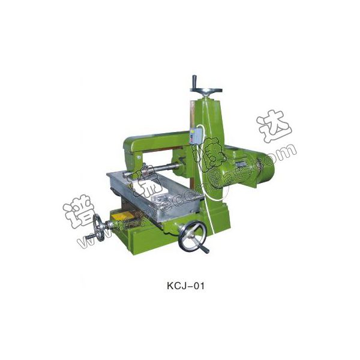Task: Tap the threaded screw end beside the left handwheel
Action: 86,242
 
